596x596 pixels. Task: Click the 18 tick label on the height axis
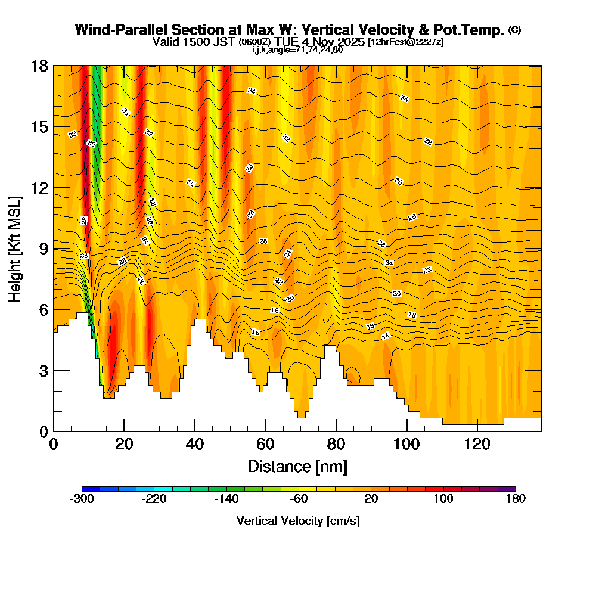coord(39,66)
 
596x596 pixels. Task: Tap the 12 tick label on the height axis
coord(39,188)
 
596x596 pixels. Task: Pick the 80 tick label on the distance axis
coord(336,445)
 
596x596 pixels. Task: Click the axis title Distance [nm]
coord(297,466)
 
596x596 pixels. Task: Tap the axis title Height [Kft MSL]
coord(15,248)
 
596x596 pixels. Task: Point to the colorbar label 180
coord(516,499)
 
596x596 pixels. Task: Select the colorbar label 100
coord(443,499)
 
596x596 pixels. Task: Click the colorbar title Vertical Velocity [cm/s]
coord(298,521)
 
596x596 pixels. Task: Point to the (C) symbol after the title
coord(515,30)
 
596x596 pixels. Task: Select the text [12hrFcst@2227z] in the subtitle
coord(406,42)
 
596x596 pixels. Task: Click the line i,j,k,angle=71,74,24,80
coord(297,49)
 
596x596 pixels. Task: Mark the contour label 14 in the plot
coord(385,337)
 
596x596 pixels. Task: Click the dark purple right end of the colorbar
coord(511,489)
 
